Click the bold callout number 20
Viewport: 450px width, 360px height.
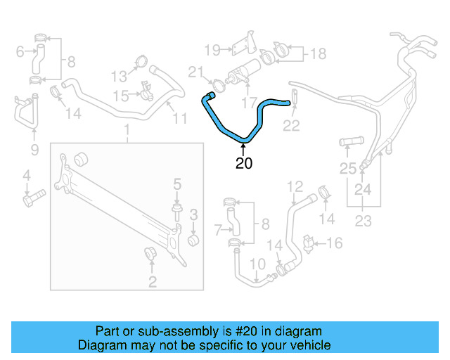pos(244,164)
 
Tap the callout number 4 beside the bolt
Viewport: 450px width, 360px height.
pos(26,175)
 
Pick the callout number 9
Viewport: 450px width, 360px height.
pos(20,50)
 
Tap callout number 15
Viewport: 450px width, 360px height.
pos(120,95)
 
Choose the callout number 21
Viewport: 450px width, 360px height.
pos(195,71)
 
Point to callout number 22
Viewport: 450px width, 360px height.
pos(291,126)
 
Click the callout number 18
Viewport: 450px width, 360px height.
pos(318,53)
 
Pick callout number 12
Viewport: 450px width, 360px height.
pos(295,186)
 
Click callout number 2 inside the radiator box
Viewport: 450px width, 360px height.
pos(152,283)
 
